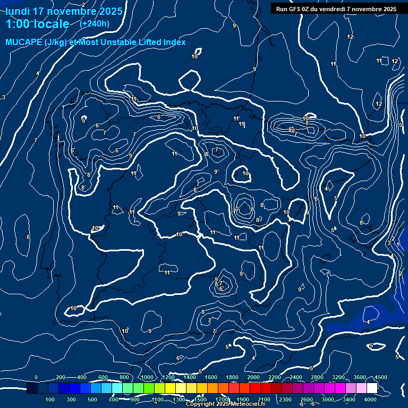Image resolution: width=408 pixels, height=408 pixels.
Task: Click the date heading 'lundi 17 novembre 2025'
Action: pos(64,11)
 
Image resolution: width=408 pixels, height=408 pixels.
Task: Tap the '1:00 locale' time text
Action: pos(37,24)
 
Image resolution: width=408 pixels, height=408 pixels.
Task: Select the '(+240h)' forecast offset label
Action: pos(95,24)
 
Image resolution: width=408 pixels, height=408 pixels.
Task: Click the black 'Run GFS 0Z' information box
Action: pos(336,8)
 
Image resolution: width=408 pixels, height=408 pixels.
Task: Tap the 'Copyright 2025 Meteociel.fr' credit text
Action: pos(225,404)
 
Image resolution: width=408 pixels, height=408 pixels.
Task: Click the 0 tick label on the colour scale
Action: pos(36,377)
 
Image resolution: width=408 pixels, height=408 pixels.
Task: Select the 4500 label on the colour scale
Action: pos(380,377)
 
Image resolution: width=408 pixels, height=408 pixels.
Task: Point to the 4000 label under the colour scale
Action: pos(370,399)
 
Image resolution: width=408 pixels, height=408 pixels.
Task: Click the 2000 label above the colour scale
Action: pos(253,377)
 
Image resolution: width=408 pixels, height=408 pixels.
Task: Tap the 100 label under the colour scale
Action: pos(50,399)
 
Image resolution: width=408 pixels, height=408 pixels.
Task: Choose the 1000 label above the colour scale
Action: pos(147,377)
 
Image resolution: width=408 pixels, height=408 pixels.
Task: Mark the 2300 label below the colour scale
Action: pos(285,399)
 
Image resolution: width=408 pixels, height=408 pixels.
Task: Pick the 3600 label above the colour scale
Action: pos(360,377)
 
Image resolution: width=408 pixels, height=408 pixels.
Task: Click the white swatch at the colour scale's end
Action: pos(372,388)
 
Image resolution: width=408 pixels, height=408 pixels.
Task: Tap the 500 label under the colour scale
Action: pos(92,399)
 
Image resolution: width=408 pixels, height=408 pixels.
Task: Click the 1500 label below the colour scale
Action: pos(200,399)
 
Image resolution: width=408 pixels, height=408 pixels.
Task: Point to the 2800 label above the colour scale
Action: pos(317,377)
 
